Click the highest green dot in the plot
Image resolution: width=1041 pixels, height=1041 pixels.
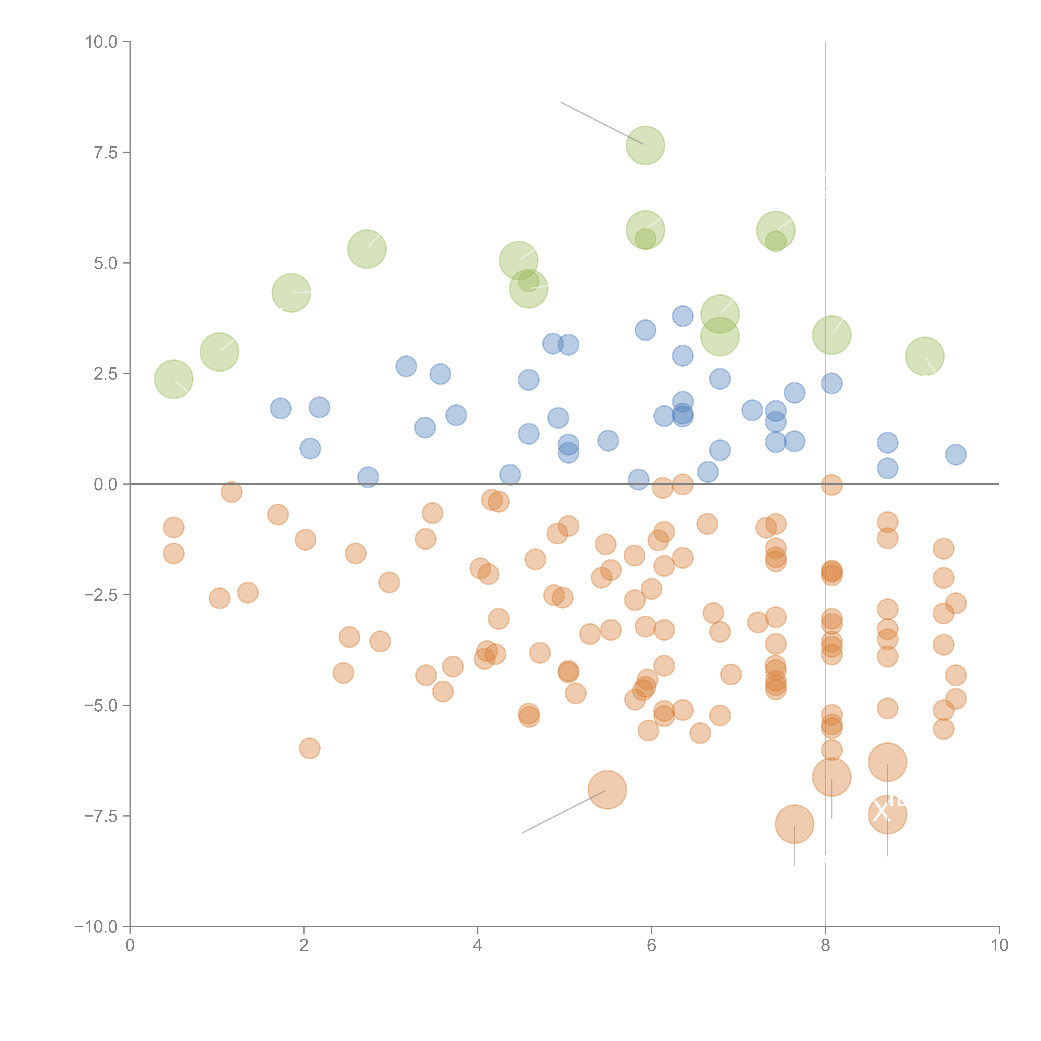coord(645,146)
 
